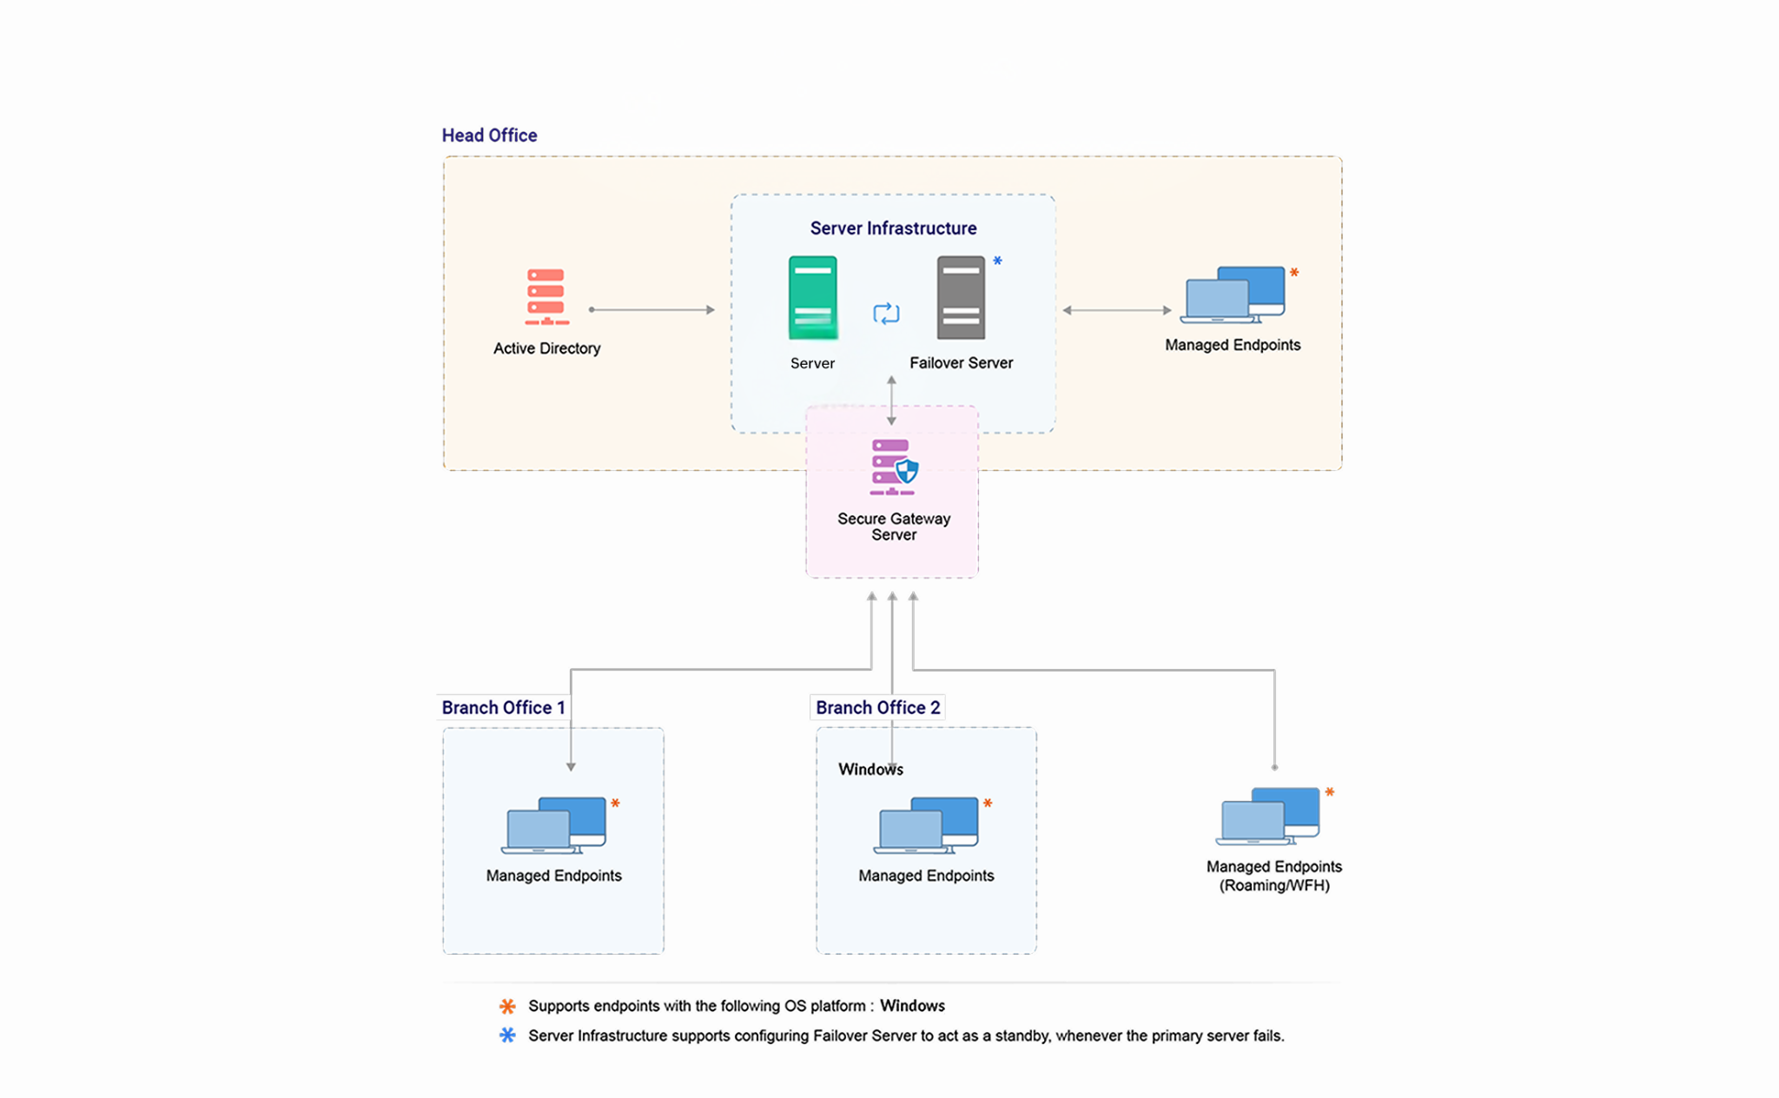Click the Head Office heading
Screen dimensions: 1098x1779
pos(489,136)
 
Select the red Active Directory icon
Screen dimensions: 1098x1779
pos(546,296)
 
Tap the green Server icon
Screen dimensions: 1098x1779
pos(812,297)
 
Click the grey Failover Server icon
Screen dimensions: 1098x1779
pos(961,297)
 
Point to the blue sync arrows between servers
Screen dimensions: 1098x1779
pos(886,314)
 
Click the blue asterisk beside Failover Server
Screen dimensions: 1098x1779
pos(997,261)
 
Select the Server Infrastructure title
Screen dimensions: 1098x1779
pos(893,228)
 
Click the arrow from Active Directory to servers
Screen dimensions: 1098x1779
pos(651,309)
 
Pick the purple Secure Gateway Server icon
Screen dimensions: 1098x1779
pos(894,467)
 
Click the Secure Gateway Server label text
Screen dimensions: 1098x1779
pos(894,526)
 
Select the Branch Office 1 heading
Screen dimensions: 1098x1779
pos(503,708)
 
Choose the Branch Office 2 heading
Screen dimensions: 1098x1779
pos(877,708)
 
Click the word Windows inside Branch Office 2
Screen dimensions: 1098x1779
pos(870,770)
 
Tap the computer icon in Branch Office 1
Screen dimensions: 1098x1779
pos(553,825)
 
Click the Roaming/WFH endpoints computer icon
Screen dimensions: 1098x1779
pos(1267,817)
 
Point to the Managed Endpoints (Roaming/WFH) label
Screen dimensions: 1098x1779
pos(1273,876)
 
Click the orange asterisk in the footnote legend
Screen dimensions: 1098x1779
pos(507,1006)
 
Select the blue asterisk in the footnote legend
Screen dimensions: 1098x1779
pos(507,1035)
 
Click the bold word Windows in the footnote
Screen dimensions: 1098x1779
pos(912,1006)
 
